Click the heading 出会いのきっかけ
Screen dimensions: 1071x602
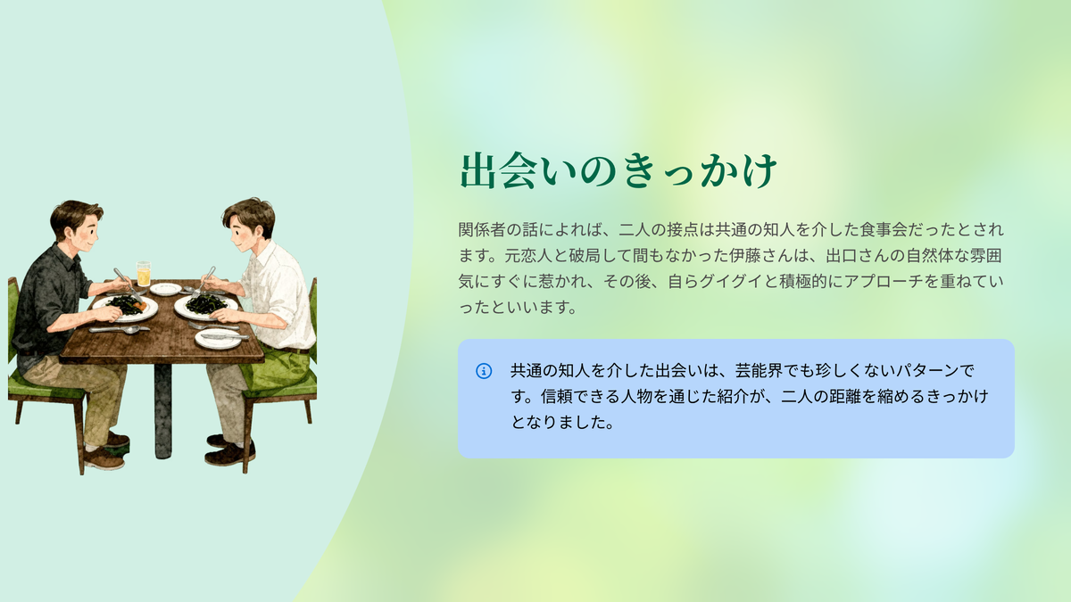click(x=618, y=170)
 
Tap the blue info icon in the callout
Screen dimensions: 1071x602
click(x=484, y=371)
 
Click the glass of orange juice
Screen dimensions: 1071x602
click(x=144, y=273)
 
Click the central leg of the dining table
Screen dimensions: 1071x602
click(x=163, y=411)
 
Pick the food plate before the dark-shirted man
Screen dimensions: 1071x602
click(x=125, y=308)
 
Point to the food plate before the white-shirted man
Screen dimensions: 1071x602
click(x=206, y=306)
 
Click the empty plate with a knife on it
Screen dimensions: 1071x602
click(x=219, y=338)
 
